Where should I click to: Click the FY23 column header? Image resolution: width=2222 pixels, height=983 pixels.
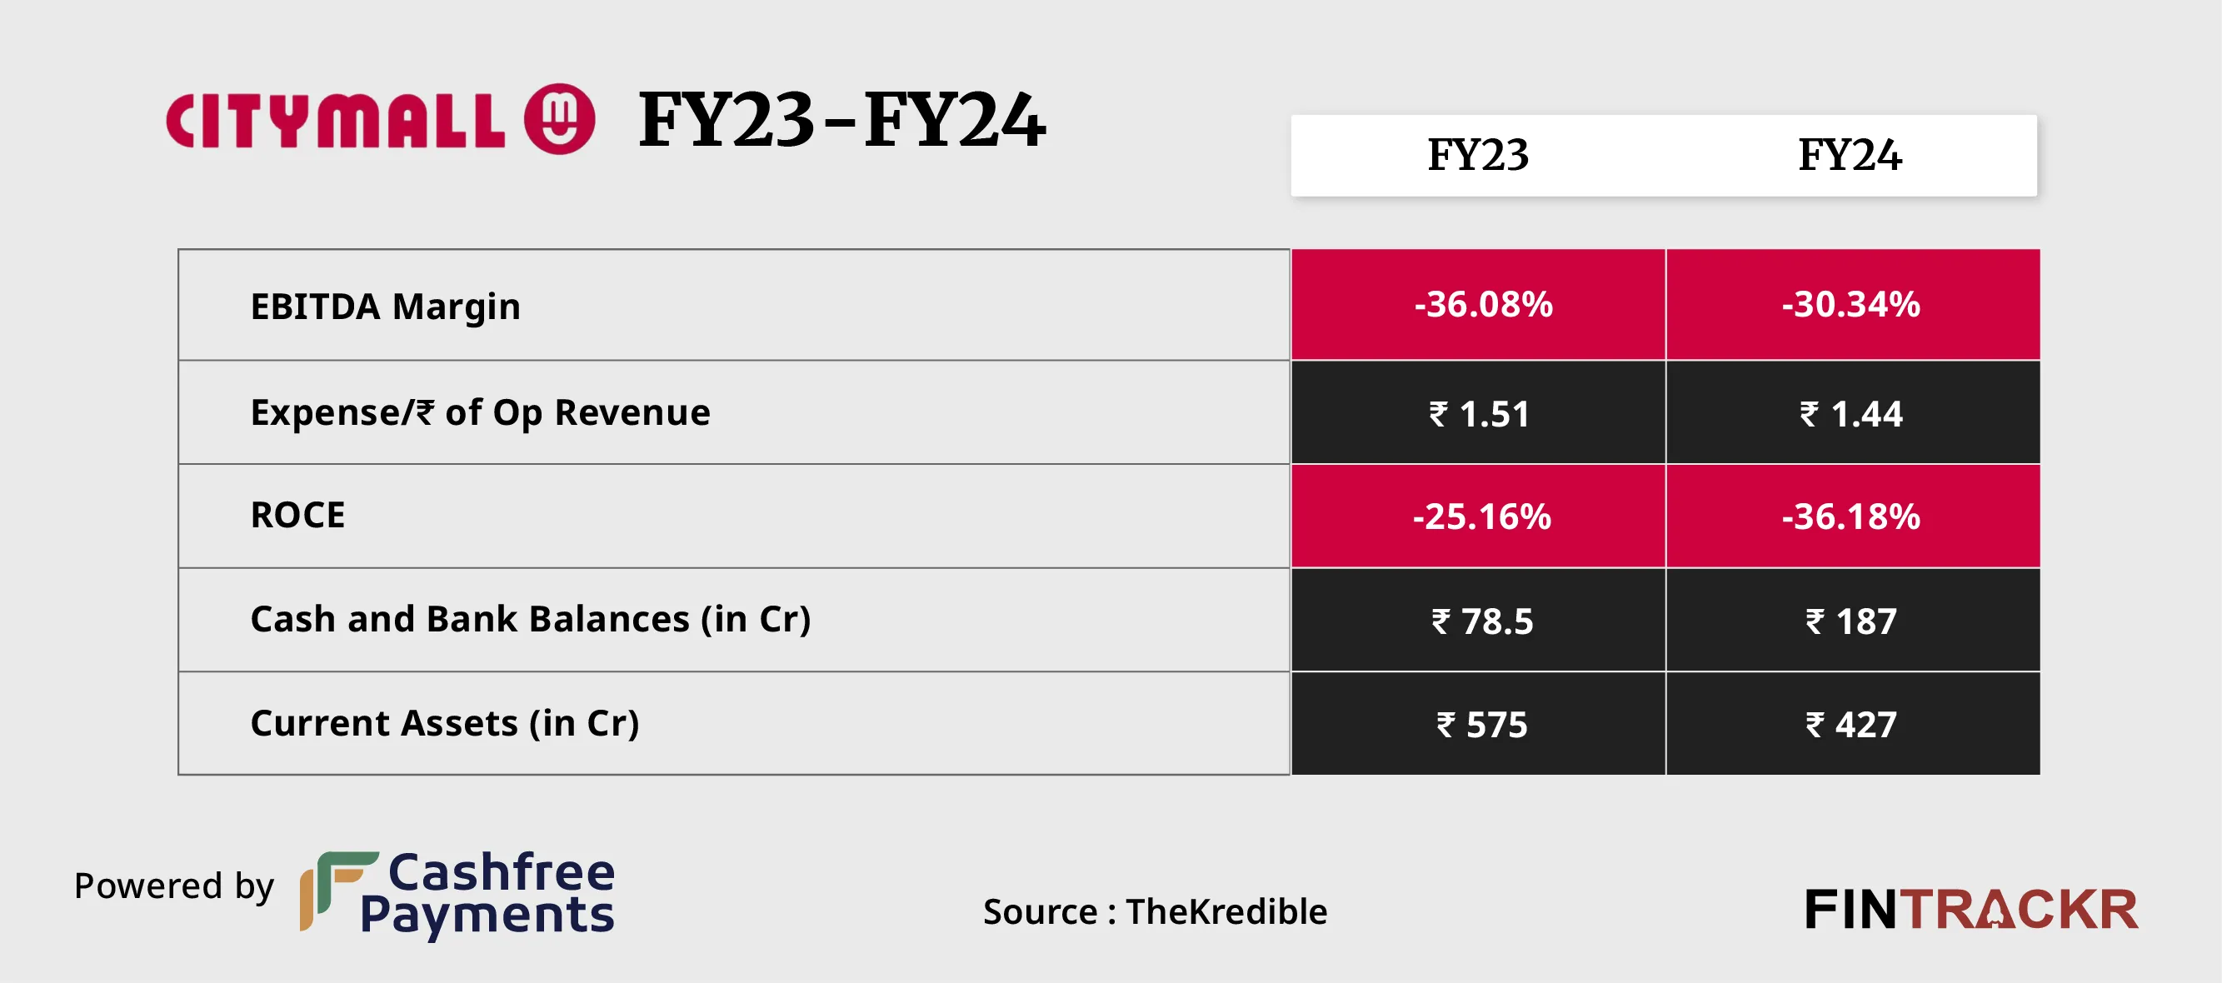1478,155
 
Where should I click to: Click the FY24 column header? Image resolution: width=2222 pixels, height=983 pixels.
1850,155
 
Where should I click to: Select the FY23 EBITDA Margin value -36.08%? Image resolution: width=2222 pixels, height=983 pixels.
1483,304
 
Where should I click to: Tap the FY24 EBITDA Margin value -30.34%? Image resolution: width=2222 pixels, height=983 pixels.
1851,304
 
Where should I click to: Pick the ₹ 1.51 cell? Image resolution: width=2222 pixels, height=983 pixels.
1480,414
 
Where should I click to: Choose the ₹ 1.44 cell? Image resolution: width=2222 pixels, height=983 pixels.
1851,414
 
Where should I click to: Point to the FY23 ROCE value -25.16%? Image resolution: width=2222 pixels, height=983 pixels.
1481,516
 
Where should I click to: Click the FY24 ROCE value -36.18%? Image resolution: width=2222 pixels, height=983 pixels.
1851,516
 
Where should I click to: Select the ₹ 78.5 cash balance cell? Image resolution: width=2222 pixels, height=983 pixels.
1482,621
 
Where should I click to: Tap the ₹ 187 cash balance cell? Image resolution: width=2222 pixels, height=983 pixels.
1851,621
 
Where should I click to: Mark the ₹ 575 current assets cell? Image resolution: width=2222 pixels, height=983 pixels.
1482,724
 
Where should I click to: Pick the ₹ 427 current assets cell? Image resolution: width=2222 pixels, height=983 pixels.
1851,724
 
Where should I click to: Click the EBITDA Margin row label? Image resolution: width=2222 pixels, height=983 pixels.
386,306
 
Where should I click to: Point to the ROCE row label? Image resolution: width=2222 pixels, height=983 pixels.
297,515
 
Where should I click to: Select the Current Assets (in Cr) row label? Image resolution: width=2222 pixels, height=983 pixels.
445,722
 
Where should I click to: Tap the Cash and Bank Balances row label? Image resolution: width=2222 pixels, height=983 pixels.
531,619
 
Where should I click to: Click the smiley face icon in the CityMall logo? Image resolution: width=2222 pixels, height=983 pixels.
560,119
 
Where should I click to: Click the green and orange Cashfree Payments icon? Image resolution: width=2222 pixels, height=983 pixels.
337,890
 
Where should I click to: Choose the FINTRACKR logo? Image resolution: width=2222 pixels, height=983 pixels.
1971,909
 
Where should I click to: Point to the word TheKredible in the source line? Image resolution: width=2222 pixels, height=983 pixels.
1226,911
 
